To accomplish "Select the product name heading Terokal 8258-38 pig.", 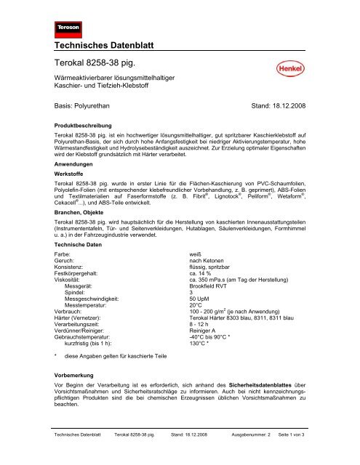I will point(98,62).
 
